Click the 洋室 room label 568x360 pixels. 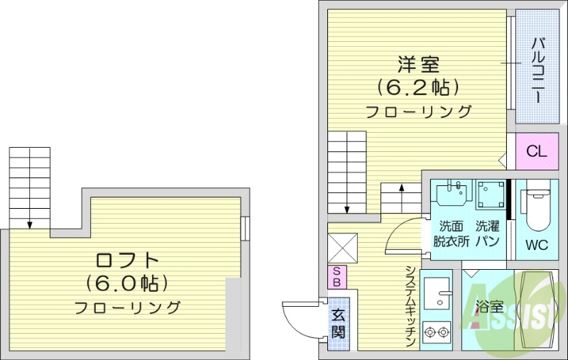(x=417, y=65)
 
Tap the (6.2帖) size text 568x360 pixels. (x=417, y=87)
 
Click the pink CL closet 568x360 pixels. (x=536, y=151)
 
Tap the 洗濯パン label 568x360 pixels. (x=487, y=234)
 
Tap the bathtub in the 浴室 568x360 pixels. (x=536, y=310)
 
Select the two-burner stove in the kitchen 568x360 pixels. (x=437, y=331)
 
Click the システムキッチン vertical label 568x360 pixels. (x=410, y=306)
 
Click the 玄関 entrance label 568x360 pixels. (x=338, y=322)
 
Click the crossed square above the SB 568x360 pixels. (x=340, y=249)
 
